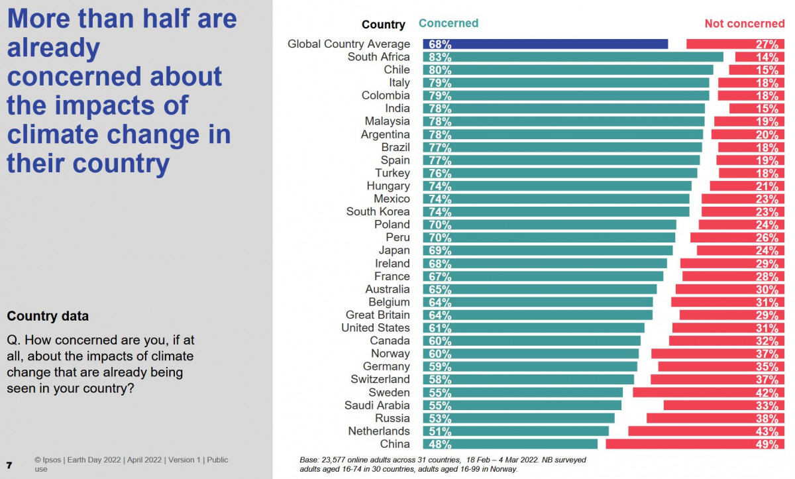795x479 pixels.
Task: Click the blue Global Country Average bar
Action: pos(545,44)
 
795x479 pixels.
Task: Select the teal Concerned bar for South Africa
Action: pos(573,57)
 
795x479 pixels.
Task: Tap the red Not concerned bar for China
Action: pos(695,444)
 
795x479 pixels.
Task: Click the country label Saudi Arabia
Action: pos(377,405)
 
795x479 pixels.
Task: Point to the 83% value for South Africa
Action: pos(440,57)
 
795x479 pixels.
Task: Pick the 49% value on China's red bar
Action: pos(767,445)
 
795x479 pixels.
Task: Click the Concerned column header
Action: pos(449,23)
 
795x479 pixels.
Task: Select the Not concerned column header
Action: pos(744,24)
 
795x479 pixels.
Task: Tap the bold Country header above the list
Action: pos(383,25)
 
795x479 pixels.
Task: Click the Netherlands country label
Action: pos(379,431)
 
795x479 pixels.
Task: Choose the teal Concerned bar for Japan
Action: pos(548,250)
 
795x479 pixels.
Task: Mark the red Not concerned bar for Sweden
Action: pos(708,392)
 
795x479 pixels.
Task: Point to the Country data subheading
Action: pos(48,316)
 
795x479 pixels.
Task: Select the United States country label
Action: pos(376,328)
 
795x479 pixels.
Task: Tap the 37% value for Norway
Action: pos(767,354)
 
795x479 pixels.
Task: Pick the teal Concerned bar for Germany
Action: pos(530,366)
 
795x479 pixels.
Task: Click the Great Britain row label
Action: pos(378,315)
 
